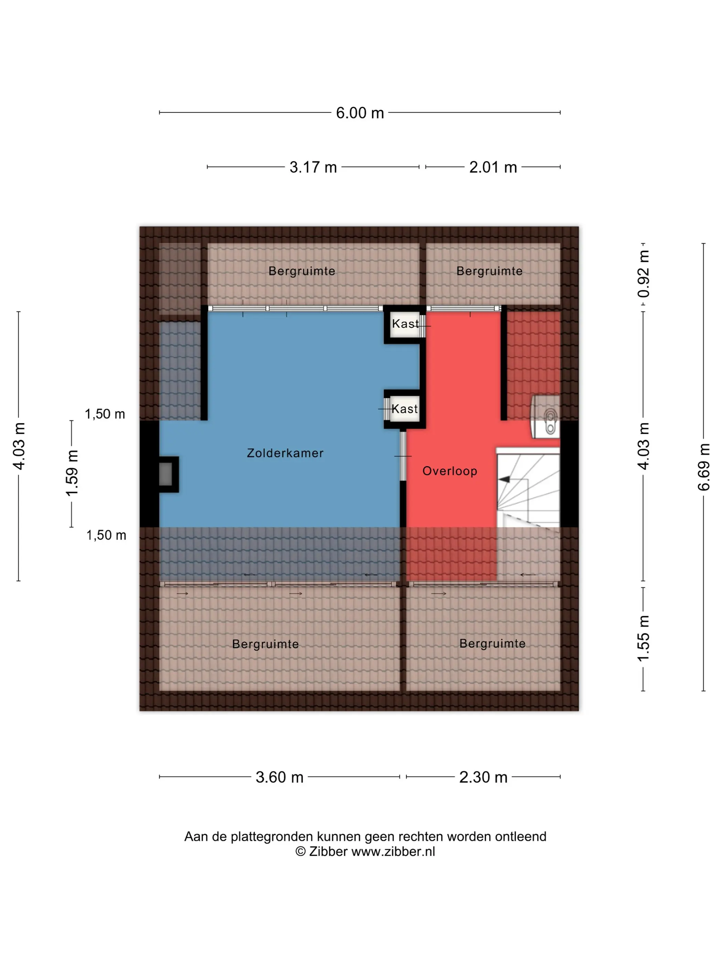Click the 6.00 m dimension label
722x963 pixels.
360,113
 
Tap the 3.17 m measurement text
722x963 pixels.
313,167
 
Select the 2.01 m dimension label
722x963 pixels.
493,167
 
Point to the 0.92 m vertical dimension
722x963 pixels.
643,274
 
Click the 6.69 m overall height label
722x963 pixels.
704,467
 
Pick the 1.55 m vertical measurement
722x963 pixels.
643,639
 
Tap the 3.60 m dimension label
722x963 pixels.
280,777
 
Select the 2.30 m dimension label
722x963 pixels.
483,777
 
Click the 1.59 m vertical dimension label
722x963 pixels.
72,473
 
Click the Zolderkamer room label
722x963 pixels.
285,453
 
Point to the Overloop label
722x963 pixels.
450,471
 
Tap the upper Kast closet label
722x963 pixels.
405,324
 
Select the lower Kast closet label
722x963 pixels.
404,409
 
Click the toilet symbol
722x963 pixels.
550,422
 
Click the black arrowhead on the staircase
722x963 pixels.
504,479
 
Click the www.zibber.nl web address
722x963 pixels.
393,852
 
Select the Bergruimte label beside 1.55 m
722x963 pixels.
492,643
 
